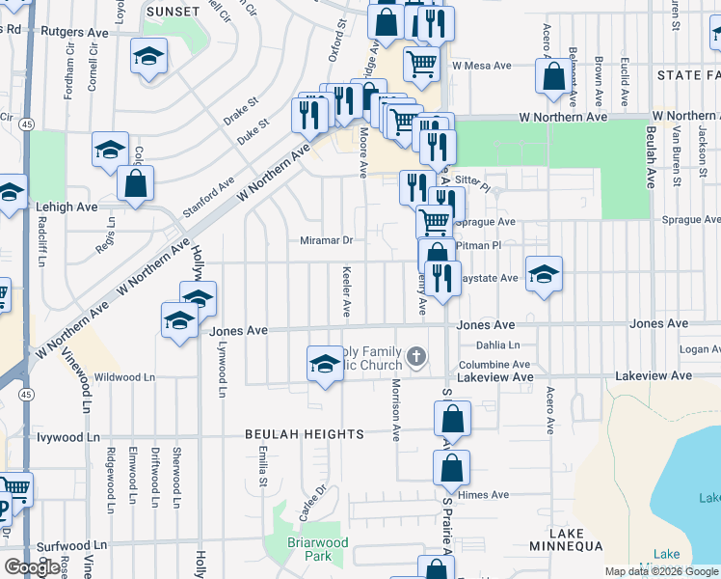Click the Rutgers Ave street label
point(74,31)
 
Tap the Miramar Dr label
point(327,240)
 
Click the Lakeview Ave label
point(494,376)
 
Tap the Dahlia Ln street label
point(497,345)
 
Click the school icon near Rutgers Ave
point(148,56)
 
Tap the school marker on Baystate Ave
point(544,273)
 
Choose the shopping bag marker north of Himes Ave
point(451,468)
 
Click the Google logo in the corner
point(31,567)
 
